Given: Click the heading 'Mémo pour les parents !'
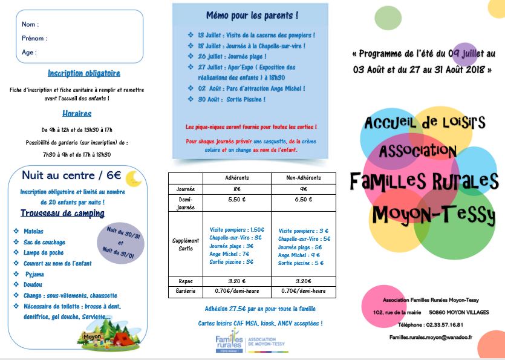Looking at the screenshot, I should click(252, 15).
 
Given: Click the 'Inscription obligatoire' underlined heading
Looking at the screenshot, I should click(84, 74).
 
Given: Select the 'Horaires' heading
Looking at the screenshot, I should click(77, 113).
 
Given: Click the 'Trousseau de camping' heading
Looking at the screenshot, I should click(62, 214).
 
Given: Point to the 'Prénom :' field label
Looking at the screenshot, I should click(34, 38).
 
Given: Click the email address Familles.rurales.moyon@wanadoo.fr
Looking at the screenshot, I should click(431, 337).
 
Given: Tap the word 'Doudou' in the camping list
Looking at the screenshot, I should click(33, 284).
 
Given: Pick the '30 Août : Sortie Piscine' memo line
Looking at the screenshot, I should click(231, 99).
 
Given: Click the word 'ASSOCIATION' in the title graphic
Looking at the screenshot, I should click(418, 150).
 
